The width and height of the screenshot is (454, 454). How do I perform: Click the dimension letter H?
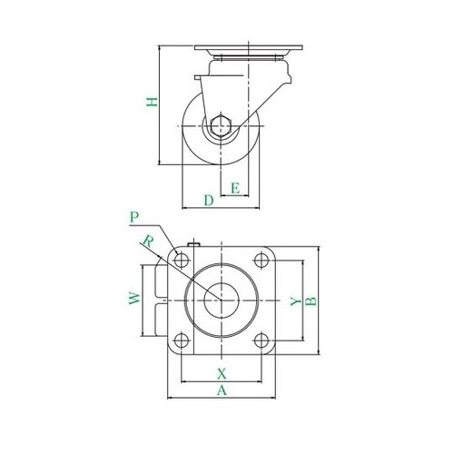(x=153, y=102)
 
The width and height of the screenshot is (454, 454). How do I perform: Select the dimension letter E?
(x=235, y=188)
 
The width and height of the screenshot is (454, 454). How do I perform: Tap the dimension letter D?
(x=209, y=201)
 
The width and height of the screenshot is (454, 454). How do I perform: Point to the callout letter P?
(x=134, y=217)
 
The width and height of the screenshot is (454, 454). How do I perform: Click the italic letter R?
(x=148, y=241)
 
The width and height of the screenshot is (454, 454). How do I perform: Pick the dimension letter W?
(x=134, y=298)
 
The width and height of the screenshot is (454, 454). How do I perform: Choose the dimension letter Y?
(x=296, y=301)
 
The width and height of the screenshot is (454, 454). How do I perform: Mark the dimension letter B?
(x=311, y=301)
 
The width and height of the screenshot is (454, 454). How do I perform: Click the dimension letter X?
(x=222, y=374)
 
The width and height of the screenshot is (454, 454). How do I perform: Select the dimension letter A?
(x=222, y=390)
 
